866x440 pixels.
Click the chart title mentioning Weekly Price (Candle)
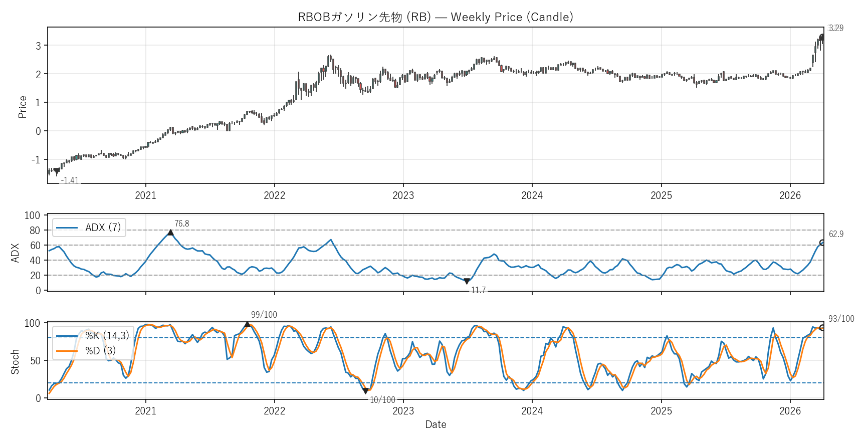(435, 17)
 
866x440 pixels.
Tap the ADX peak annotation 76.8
(181, 224)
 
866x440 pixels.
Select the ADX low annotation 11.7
(478, 290)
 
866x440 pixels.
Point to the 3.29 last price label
(835, 28)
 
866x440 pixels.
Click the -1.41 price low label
(70, 180)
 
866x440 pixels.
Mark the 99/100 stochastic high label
(264, 315)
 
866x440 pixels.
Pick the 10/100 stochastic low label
(382, 400)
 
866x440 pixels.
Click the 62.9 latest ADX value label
(835, 234)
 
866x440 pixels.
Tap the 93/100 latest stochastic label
(841, 319)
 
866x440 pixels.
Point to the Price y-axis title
(22, 107)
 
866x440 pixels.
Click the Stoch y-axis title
(15, 361)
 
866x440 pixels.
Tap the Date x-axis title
(436, 424)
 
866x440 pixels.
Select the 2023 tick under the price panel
(403, 195)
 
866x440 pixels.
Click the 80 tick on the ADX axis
(35, 231)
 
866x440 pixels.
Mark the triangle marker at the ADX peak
(170, 233)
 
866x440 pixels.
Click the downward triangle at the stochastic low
(365, 391)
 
